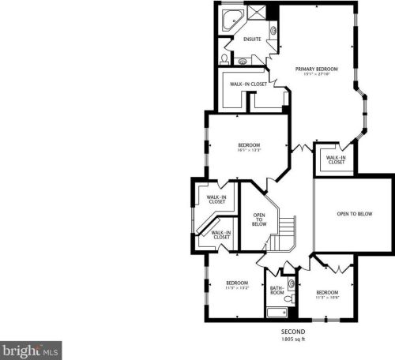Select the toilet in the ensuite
224,59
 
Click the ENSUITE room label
252,39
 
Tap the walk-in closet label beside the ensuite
246,84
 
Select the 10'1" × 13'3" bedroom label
250,145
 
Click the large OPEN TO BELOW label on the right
353,213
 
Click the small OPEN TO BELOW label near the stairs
258,219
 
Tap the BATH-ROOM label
277,291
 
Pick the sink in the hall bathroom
291,283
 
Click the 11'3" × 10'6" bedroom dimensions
327,297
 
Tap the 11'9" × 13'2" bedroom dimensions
238,288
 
